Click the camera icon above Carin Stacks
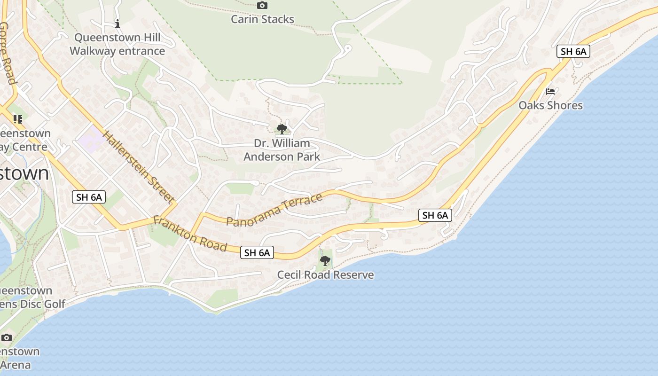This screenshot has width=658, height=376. tap(262, 6)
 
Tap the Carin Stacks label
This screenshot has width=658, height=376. tap(262, 19)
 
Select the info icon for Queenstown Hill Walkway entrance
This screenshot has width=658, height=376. tap(117, 23)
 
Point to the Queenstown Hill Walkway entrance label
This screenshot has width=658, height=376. tap(117, 44)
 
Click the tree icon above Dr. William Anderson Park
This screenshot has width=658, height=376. tap(282, 129)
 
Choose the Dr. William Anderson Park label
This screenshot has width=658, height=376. tap(282, 150)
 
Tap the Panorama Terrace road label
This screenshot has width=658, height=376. tap(274, 209)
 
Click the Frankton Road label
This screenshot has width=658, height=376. tap(190, 234)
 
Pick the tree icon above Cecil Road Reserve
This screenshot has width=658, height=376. tap(325, 260)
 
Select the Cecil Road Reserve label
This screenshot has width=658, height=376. tap(325, 275)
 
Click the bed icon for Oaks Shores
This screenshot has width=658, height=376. tap(550, 91)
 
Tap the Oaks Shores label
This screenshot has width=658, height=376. tap(550, 105)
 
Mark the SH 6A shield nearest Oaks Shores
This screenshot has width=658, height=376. tap(573, 52)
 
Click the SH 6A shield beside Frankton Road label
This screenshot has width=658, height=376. tap(257, 252)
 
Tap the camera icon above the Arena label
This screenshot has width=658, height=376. tap(7, 337)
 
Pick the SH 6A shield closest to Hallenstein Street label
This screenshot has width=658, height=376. tap(89, 197)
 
